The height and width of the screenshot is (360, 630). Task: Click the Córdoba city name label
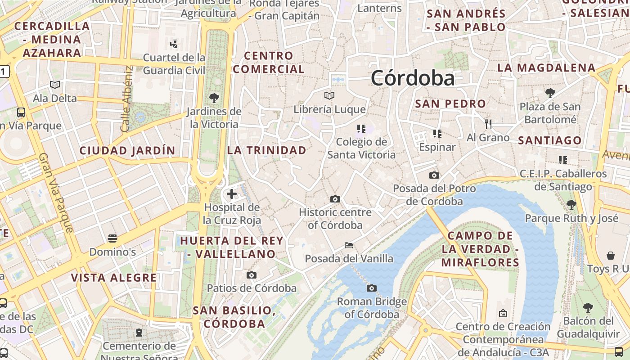(413, 78)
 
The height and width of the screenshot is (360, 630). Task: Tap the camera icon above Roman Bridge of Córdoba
(372, 288)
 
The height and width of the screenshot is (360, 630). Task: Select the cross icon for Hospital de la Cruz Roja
(232, 194)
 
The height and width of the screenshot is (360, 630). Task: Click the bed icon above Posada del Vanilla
(348, 245)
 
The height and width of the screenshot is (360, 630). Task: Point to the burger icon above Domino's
(112, 238)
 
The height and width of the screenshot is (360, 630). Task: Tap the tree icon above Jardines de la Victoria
(214, 98)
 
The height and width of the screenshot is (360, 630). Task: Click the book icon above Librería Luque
(329, 95)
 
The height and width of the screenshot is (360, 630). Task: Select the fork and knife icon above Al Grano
(488, 124)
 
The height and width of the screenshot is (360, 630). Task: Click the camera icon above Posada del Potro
(434, 175)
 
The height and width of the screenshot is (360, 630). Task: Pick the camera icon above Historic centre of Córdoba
(335, 199)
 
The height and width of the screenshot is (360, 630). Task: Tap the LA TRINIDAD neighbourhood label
(267, 150)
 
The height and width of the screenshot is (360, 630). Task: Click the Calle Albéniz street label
(126, 99)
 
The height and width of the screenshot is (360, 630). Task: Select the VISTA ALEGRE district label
(114, 278)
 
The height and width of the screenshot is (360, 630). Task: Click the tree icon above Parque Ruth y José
(571, 205)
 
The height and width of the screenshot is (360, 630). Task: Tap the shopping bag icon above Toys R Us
(611, 256)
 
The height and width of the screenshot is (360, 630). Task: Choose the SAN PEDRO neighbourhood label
(450, 103)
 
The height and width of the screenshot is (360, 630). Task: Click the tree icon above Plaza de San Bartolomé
(550, 93)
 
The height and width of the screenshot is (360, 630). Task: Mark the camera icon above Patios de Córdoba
(252, 275)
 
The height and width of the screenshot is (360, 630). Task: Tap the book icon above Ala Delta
(55, 85)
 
